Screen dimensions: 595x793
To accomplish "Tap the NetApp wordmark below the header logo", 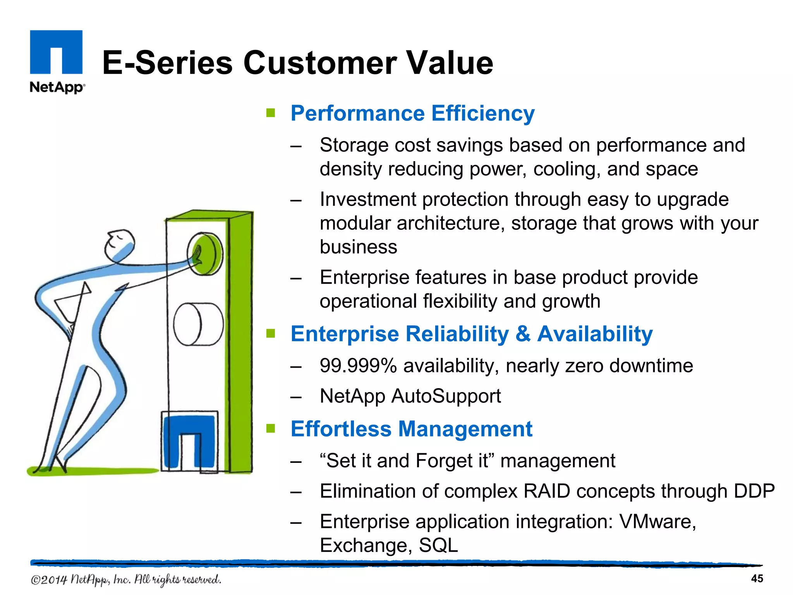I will pos(57,87).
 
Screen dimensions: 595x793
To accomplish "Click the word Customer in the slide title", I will pos(320,63).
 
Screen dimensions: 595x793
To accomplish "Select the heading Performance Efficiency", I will pos(412,113).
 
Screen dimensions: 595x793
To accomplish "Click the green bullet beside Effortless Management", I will pos(271,428).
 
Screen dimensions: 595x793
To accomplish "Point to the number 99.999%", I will pos(358,366).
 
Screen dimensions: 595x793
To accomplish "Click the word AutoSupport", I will pos(446,396).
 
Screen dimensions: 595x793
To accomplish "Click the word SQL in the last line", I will pos(438,545).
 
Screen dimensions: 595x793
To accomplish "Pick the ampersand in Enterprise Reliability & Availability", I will pos(523,334).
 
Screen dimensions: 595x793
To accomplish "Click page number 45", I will pos(757,578).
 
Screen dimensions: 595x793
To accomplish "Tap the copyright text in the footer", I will pos(126,580).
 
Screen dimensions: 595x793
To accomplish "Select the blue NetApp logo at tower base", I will pos(189,442).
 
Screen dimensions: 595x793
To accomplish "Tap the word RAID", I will pos(547,491).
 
